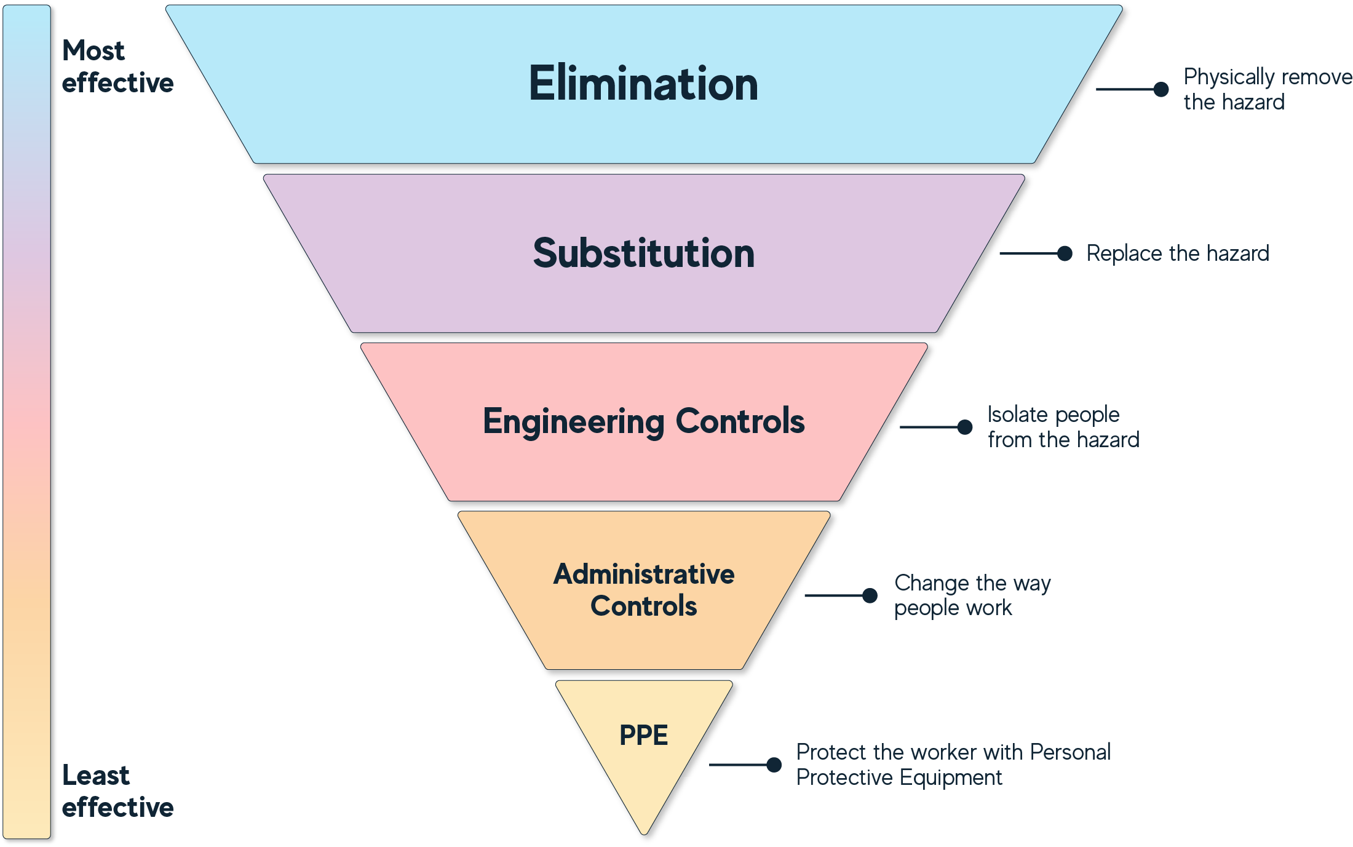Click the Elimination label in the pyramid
pos(643,84)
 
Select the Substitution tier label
pos(643,253)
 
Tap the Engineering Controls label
pos(643,421)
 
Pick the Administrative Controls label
pos(643,590)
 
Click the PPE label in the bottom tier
pos(643,735)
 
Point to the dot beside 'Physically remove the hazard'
pos(1161,90)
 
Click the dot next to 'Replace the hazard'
pos(1065,253)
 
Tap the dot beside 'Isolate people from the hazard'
pos(965,427)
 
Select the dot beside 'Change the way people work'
pos(870,595)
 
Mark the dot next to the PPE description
pos(774,765)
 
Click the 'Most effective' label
pos(117,66)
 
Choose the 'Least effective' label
pos(117,791)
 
